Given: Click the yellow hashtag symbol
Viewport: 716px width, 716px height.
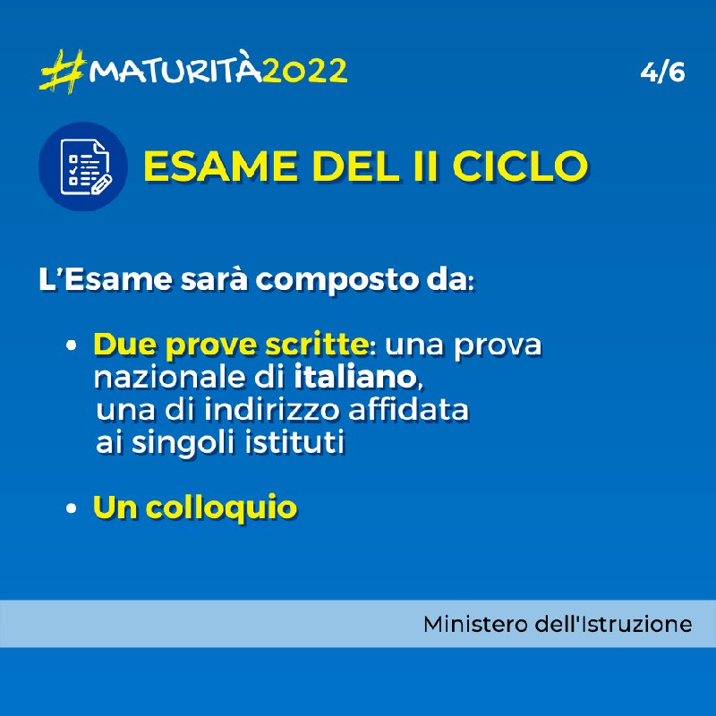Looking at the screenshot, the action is pos(63,72).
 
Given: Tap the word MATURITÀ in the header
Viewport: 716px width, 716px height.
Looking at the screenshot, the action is pos(175,71).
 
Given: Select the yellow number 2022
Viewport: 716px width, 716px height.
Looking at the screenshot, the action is pos(305,71).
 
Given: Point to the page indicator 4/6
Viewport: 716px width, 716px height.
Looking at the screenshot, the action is pos(662,72).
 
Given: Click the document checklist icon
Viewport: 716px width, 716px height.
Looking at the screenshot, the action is pos(83,166).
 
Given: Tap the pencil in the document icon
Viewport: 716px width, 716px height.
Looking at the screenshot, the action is pos(101,184).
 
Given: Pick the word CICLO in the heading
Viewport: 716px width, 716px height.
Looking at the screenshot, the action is pos(520,166).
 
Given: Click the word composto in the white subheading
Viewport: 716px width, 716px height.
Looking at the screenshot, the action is pos(337,279).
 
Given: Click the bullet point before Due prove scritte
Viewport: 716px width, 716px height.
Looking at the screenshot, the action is pos(71,345).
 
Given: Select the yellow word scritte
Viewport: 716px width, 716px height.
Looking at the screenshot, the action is pos(317,344).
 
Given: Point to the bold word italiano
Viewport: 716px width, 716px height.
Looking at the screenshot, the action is pos(354,377).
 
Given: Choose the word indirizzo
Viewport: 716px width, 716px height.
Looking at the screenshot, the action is pos(272,409).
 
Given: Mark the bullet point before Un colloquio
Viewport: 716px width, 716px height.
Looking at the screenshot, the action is pos(71,508).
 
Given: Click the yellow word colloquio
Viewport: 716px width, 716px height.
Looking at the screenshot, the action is pos(221,507).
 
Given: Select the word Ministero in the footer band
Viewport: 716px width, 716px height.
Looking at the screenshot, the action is pos(475,624).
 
